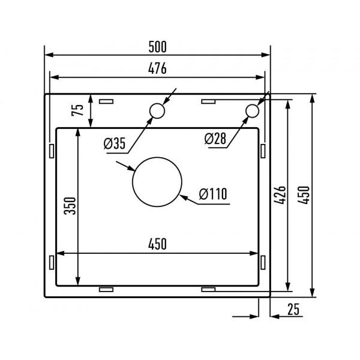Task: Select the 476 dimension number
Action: click(x=157, y=68)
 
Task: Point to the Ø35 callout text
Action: click(x=114, y=143)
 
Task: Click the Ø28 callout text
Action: click(x=215, y=139)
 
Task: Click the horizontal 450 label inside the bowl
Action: click(x=157, y=244)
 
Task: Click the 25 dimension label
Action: click(x=293, y=309)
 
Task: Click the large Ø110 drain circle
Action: click(x=157, y=182)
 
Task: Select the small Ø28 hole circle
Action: click(x=252, y=110)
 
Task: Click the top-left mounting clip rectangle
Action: click(x=106, y=101)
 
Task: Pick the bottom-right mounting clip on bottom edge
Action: click(x=209, y=289)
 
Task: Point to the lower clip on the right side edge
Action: click(x=263, y=262)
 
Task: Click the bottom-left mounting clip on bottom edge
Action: click(x=106, y=289)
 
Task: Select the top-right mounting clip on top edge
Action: click(x=209, y=101)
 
